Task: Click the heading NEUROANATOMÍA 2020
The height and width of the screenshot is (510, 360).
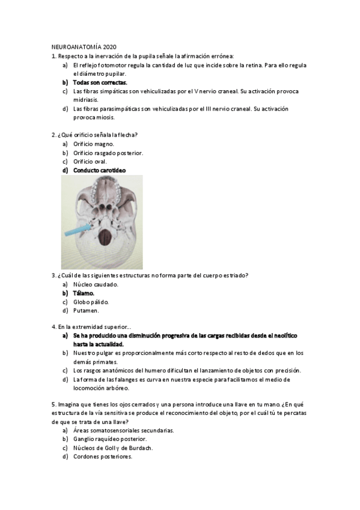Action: click(84, 47)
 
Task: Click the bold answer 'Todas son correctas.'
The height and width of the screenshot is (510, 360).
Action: click(100, 82)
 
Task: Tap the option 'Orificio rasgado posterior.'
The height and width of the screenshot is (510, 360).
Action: click(108, 153)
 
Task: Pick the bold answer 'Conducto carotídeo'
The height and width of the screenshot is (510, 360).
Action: click(99, 170)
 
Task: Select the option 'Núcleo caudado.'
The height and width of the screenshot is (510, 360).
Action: click(96, 284)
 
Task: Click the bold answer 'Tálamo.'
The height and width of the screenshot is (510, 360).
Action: click(84, 293)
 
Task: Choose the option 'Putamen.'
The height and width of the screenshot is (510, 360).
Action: click(86, 311)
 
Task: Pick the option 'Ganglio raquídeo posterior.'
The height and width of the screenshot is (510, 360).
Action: click(109, 439)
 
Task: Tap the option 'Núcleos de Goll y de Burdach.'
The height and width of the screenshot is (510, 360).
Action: click(112, 448)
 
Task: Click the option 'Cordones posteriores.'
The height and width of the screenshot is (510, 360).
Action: click(102, 457)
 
